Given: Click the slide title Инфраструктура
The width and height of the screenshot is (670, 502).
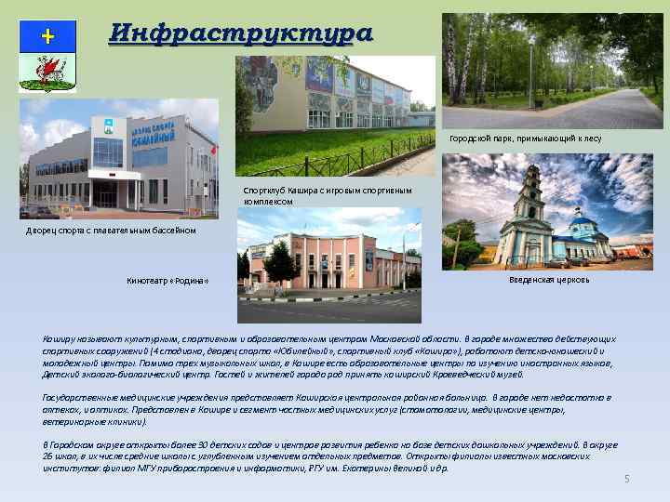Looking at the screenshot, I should click(240, 33).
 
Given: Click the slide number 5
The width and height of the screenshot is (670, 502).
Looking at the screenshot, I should click(626, 478).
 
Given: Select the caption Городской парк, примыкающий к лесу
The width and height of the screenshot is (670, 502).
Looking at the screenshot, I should click(525, 139).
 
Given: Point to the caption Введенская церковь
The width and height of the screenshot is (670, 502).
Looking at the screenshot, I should click(549, 279).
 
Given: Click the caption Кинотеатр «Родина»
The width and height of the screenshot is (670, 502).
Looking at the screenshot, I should click(167, 282).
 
